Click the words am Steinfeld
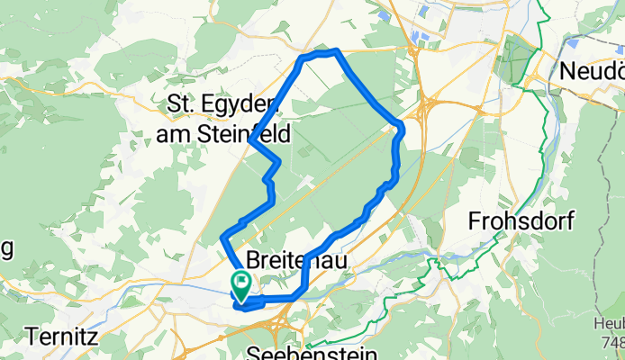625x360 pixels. point(222,134)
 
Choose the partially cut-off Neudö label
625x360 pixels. point(591,69)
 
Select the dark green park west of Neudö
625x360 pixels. point(518,58)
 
